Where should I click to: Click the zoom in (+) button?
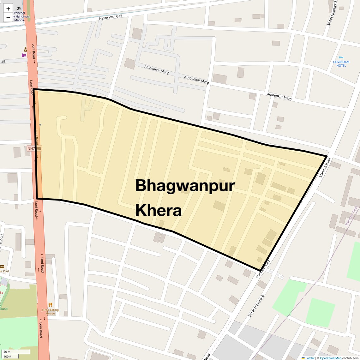(8, 9)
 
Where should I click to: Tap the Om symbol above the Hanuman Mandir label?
(19, 9)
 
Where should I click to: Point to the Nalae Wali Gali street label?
(111, 17)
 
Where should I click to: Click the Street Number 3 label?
(332, 13)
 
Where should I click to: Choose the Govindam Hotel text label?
(341, 63)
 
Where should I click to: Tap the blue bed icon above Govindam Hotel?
(341, 57)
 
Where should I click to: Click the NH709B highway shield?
(34, 148)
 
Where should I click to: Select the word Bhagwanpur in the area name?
(185, 186)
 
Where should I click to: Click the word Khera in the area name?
(159, 210)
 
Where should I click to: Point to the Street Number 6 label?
(256, 306)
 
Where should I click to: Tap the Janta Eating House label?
(51, 311)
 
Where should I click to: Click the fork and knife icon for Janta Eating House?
(50, 305)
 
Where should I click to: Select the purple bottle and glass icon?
(24, 55)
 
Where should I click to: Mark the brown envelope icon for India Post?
(2, 267)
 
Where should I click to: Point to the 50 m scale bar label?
(7, 351)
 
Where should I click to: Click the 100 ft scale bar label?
(8, 357)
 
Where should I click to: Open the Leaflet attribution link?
(310, 358)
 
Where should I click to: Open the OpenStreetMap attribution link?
(330, 358)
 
